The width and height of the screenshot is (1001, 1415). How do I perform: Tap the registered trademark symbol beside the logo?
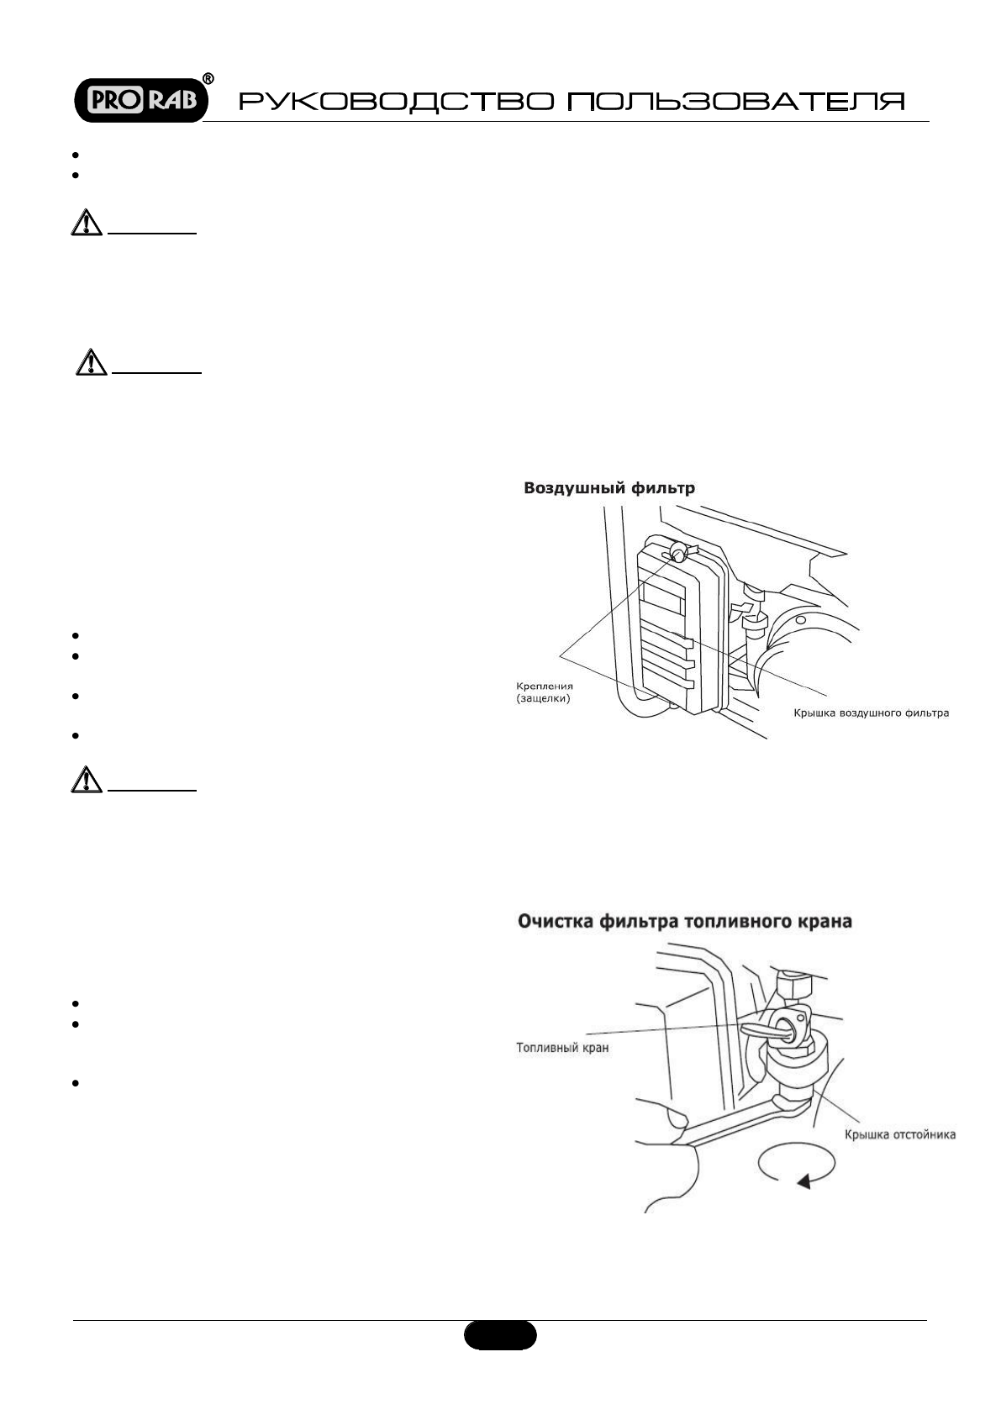208,78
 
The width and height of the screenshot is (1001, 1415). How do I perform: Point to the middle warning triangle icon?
91,360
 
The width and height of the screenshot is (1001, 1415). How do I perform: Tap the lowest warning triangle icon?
86,780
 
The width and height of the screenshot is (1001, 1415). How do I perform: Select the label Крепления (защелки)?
544,692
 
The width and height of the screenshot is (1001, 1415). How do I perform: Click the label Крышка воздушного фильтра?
872,713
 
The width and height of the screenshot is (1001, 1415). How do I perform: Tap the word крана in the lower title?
826,922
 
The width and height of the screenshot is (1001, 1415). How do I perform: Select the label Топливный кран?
561,1048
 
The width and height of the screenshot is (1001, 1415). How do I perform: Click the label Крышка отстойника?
899,1134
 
